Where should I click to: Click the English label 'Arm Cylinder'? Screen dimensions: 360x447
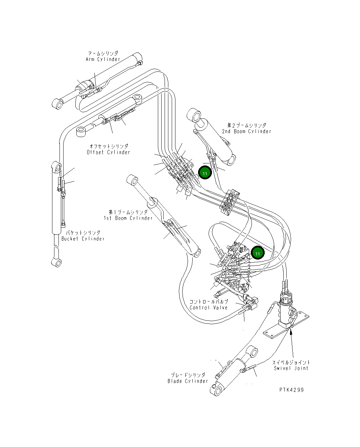point(103,59)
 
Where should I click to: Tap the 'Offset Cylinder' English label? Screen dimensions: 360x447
point(108,152)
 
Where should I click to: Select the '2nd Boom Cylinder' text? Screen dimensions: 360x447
point(246,131)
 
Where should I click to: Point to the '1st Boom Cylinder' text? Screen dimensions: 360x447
point(128,218)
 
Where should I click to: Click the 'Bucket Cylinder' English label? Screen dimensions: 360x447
point(83,239)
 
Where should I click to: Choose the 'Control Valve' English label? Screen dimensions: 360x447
point(209,308)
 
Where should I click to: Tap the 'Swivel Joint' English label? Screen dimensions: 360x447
point(291,368)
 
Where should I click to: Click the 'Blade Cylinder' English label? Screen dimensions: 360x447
point(188,381)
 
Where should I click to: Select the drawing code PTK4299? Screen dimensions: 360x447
point(291,390)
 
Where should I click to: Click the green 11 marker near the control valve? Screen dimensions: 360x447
point(258,253)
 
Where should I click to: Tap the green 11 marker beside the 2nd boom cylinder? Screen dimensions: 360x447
point(205,173)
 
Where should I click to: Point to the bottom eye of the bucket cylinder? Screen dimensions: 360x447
point(57,263)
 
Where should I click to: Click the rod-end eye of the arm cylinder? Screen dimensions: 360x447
point(57,104)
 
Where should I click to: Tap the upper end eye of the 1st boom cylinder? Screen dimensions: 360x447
point(132,180)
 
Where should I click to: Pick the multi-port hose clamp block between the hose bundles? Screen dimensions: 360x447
point(230,202)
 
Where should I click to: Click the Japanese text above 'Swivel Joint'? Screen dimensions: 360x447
point(291,362)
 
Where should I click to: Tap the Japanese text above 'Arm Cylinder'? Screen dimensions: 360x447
point(103,53)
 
